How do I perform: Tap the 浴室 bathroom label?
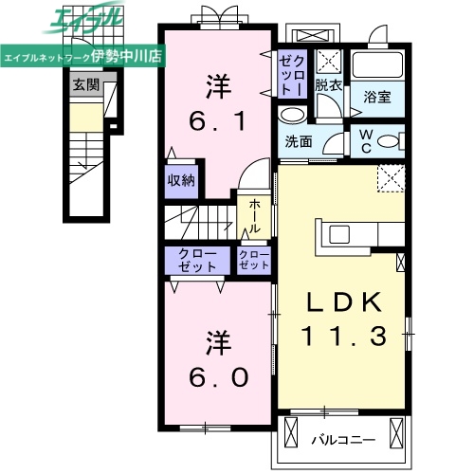[378, 97]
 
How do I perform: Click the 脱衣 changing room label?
[328, 85]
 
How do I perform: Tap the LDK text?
[342, 303]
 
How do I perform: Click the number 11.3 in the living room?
[342, 336]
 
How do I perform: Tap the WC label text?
[364, 140]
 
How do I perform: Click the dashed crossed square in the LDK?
[390, 178]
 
